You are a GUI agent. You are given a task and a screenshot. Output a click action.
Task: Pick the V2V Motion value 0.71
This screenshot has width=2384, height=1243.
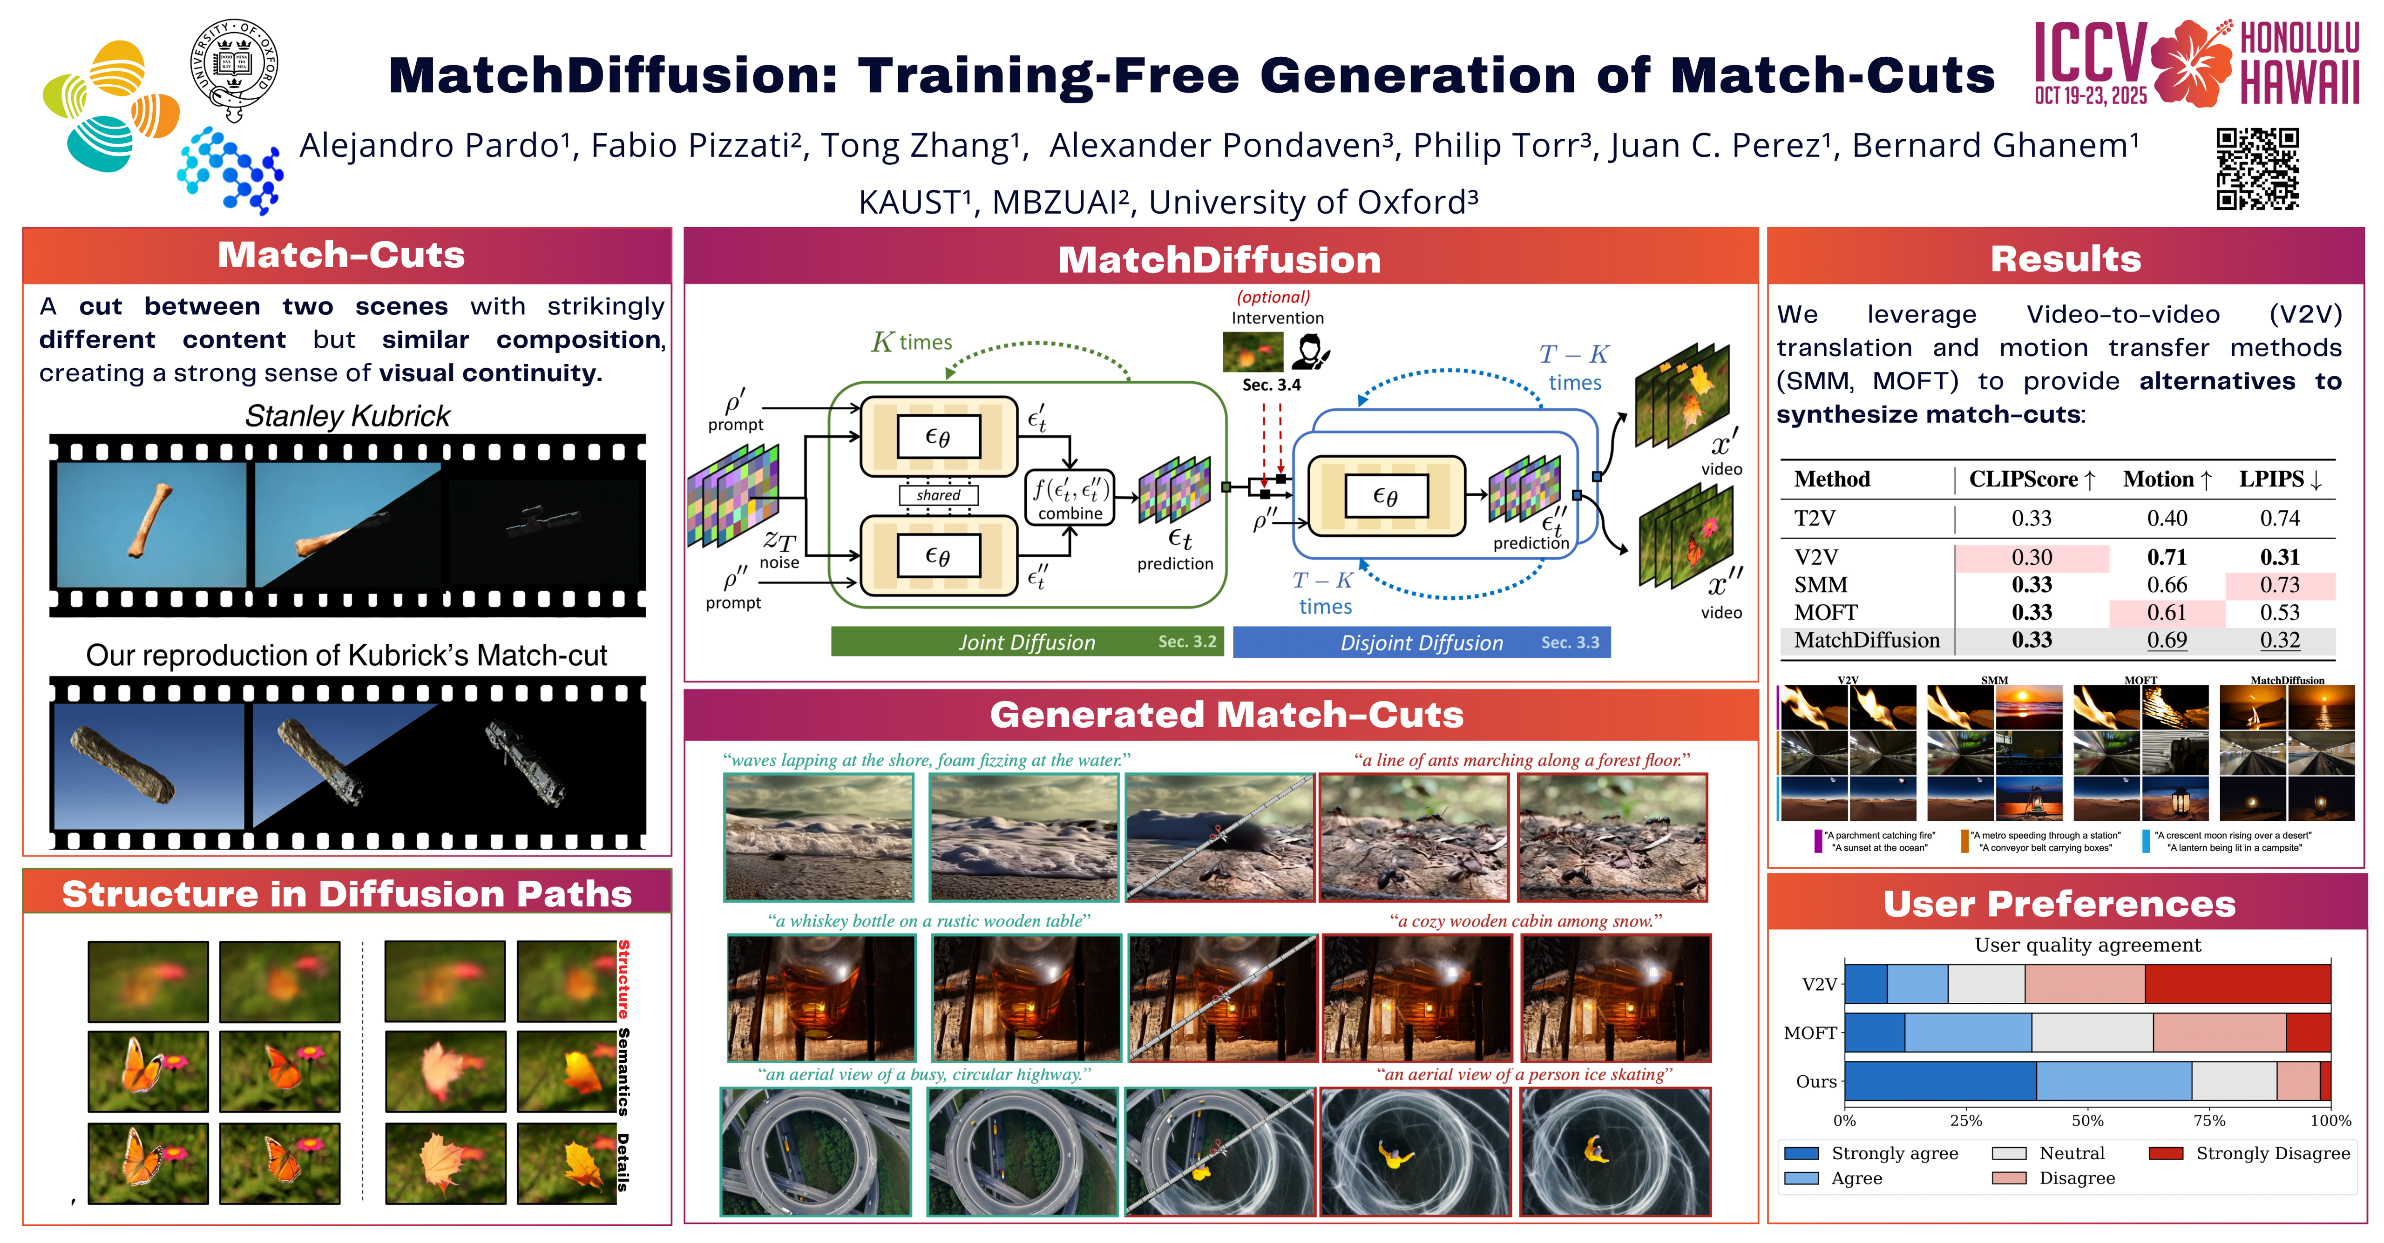[2167, 557]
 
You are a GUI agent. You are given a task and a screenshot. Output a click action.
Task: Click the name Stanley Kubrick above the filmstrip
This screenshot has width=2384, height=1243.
[347, 417]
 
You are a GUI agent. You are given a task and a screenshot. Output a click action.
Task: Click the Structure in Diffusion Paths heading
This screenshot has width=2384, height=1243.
[347, 894]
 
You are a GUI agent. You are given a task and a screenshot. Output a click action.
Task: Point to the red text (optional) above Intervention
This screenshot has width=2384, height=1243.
[1273, 297]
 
